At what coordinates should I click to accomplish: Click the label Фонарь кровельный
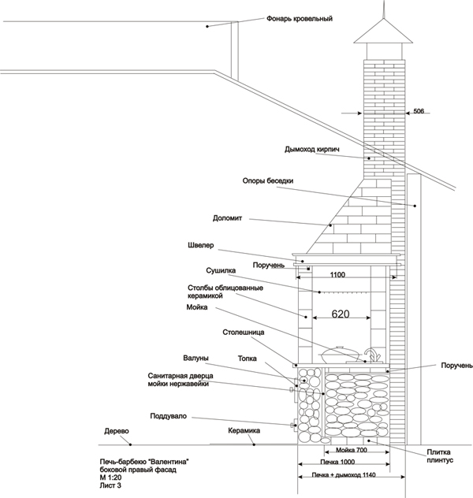tap(300, 19)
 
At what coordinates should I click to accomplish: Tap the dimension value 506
tap(419, 111)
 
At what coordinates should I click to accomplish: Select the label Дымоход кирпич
tap(312, 149)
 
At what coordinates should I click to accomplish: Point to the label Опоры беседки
tap(268, 180)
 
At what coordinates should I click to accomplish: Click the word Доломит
tap(228, 218)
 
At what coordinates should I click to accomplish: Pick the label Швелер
tap(201, 245)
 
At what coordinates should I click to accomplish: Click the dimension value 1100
tap(337, 274)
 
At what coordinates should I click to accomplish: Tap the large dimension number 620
tap(341, 314)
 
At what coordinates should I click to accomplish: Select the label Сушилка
tap(221, 270)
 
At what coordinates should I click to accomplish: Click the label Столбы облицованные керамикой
tap(225, 292)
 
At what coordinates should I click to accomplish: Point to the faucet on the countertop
tap(372, 355)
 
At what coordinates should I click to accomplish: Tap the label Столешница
tap(244, 333)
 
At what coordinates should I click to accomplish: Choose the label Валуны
tap(196, 358)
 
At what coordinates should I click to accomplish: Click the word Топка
tap(247, 359)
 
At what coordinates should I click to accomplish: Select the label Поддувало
tap(169, 416)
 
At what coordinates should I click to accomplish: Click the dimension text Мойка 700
tap(352, 450)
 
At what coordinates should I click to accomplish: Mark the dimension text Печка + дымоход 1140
tap(344, 475)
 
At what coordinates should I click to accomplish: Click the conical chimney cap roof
tap(383, 31)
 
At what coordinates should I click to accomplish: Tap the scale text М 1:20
tap(110, 478)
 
